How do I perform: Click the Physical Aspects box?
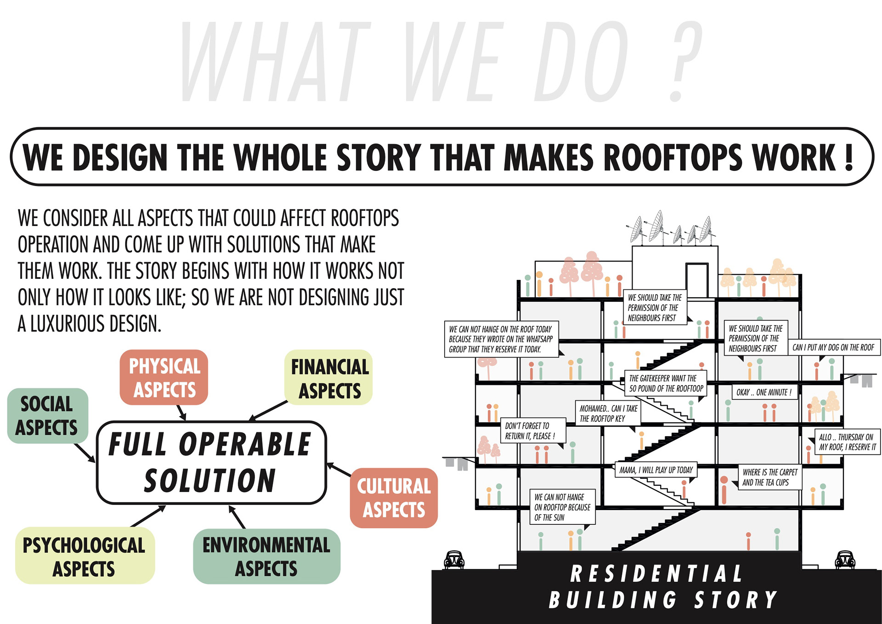tap(164, 377)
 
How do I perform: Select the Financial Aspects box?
tap(328, 377)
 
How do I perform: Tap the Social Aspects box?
tap(47, 415)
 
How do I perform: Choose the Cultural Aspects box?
tap(394, 498)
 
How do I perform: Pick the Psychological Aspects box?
tap(85, 556)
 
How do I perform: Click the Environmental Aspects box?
tap(266, 556)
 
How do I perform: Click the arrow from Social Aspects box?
tap(85, 452)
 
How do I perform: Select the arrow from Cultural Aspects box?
tap(339, 470)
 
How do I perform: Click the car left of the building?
tap(454, 560)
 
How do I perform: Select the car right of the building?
tap(845, 559)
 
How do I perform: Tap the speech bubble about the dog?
tap(833, 347)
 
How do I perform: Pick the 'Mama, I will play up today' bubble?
tap(656, 470)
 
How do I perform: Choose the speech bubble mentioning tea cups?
tap(769, 477)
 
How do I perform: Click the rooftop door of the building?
tap(696, 280)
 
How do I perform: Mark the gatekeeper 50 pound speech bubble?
tap(666, 383)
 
